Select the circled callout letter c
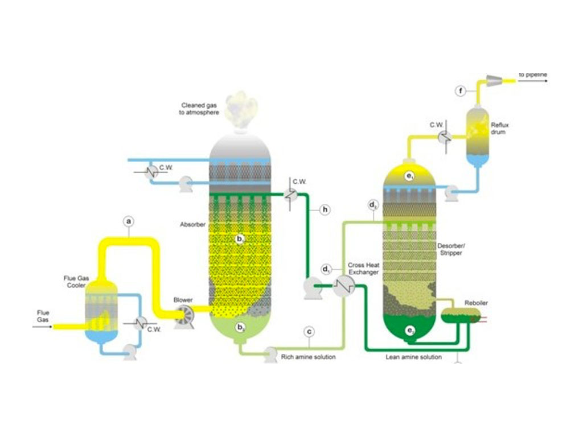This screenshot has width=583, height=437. [x=309, y=331]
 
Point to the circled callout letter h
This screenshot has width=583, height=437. [x=325, y=210]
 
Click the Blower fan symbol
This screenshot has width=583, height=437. [x=184, y=316]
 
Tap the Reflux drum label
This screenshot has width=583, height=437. [x=499, y=127]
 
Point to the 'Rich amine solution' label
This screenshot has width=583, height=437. [x=309, y=357]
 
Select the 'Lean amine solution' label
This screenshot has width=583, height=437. [x=413, y=357]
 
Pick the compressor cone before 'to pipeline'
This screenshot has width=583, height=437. [x=493, y=80]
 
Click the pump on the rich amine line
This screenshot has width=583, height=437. [x=268, y=354]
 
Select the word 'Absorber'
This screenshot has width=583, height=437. [x=192, y=224]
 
